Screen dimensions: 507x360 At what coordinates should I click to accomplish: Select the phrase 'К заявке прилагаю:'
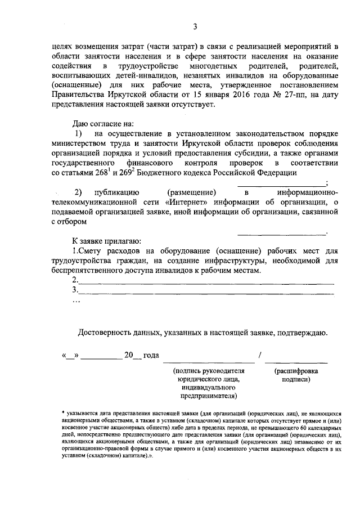click(102, 241)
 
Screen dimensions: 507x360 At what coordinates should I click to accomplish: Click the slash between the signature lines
click(259, 356)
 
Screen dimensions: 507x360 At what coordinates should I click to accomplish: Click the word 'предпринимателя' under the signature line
click(207, 396)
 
